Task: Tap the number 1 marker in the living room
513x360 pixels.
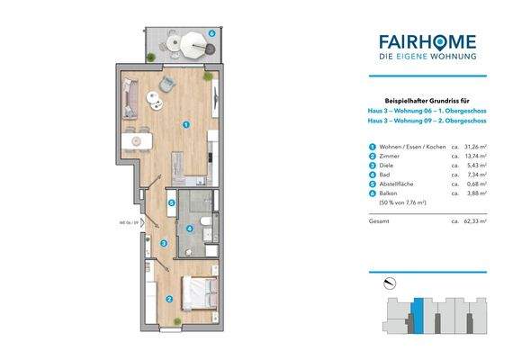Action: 185,125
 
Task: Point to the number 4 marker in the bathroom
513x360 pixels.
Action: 171,203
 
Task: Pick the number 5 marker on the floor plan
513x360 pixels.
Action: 211,32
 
